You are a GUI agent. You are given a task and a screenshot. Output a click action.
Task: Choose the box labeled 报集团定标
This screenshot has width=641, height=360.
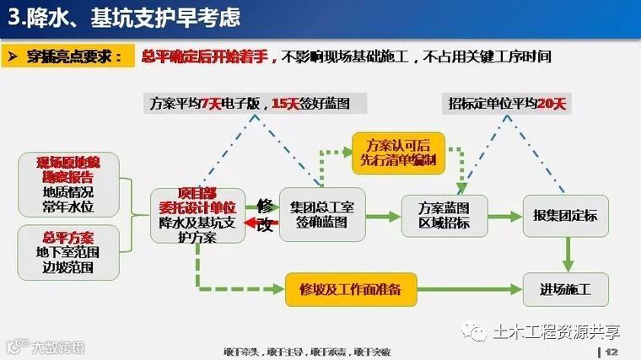(x=565, y=215)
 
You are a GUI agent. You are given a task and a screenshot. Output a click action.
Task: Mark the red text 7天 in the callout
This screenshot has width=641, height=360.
(x=210, y=105)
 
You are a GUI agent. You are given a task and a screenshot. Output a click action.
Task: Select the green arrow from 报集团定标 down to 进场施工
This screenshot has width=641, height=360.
(x=568, y=252)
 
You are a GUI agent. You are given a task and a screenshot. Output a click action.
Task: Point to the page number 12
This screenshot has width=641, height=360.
(x=613, y=351)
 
